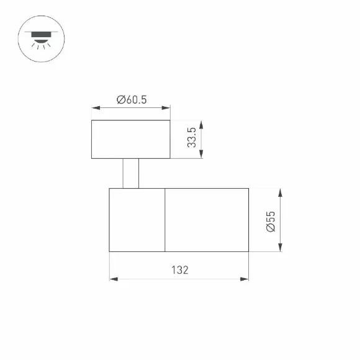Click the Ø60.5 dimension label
(x=132, y=100)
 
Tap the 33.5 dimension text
(x=192, y=137)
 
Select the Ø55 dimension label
(x=271, y=222)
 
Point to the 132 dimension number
(x=180, y=270)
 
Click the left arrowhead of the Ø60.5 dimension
(x=96, y=107)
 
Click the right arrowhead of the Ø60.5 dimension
(x=166, y=107)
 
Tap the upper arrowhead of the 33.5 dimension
(x=201, y=125)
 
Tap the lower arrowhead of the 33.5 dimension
(x=201, y=154)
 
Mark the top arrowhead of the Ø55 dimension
(x=280, y=193)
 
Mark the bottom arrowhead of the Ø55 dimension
(x=280, y=248)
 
